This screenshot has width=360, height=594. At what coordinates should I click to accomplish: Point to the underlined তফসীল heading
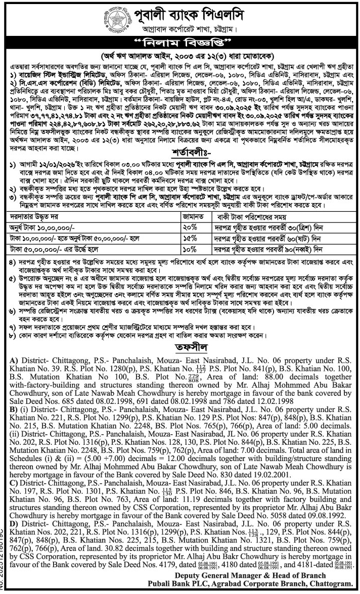181,347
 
